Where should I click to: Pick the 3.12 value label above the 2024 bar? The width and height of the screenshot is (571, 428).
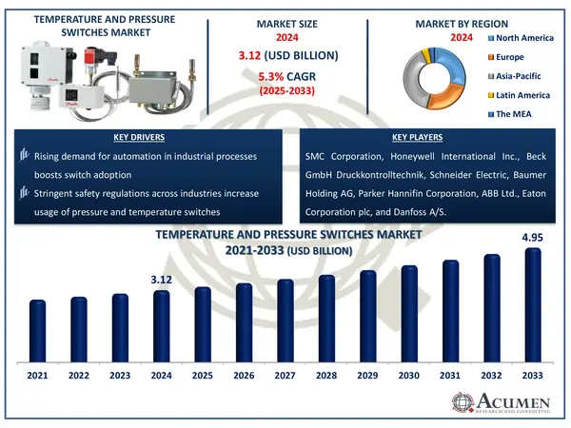tap(161, 279)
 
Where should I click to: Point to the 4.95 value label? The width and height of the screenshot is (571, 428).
tap(533, 238)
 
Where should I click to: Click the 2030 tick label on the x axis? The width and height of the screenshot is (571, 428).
tap(409, 377)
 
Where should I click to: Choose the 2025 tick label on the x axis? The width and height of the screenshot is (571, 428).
tap(203, 377)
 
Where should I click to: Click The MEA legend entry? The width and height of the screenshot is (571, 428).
tap(514, 115)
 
